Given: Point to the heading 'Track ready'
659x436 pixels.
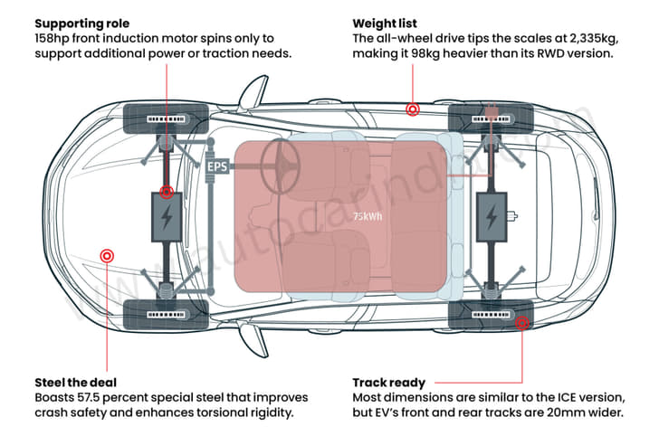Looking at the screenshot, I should click(x=388, y=382).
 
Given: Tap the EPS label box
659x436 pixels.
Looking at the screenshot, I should click(x=217, y=167).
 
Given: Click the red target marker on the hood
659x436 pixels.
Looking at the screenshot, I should click(x=107, y=256).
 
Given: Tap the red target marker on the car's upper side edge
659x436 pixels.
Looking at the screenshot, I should click(x=412, y=109).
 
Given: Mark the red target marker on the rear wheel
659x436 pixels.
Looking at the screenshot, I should click(x=521, y=321).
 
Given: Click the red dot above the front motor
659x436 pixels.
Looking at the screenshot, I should click(x=166, y=192).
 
